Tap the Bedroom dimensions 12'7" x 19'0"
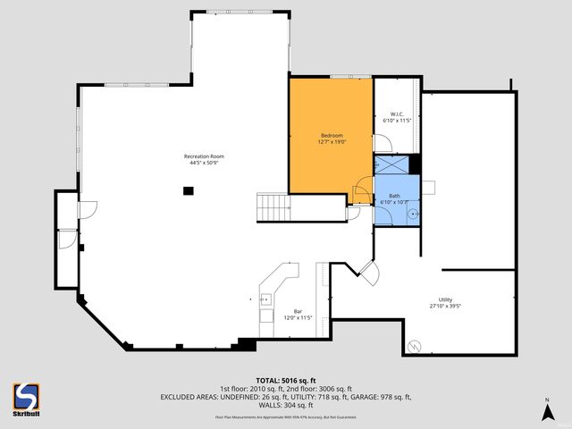tap(332, 141)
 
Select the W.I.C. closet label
tap(396, 114)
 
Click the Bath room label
tap(394, 196)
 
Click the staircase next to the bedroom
tap(273, 207)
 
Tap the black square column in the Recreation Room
tap(188, 189)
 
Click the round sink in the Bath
tap(413, 215)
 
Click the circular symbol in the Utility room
tap(413, 345)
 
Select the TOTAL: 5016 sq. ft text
tap(285, 379)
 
